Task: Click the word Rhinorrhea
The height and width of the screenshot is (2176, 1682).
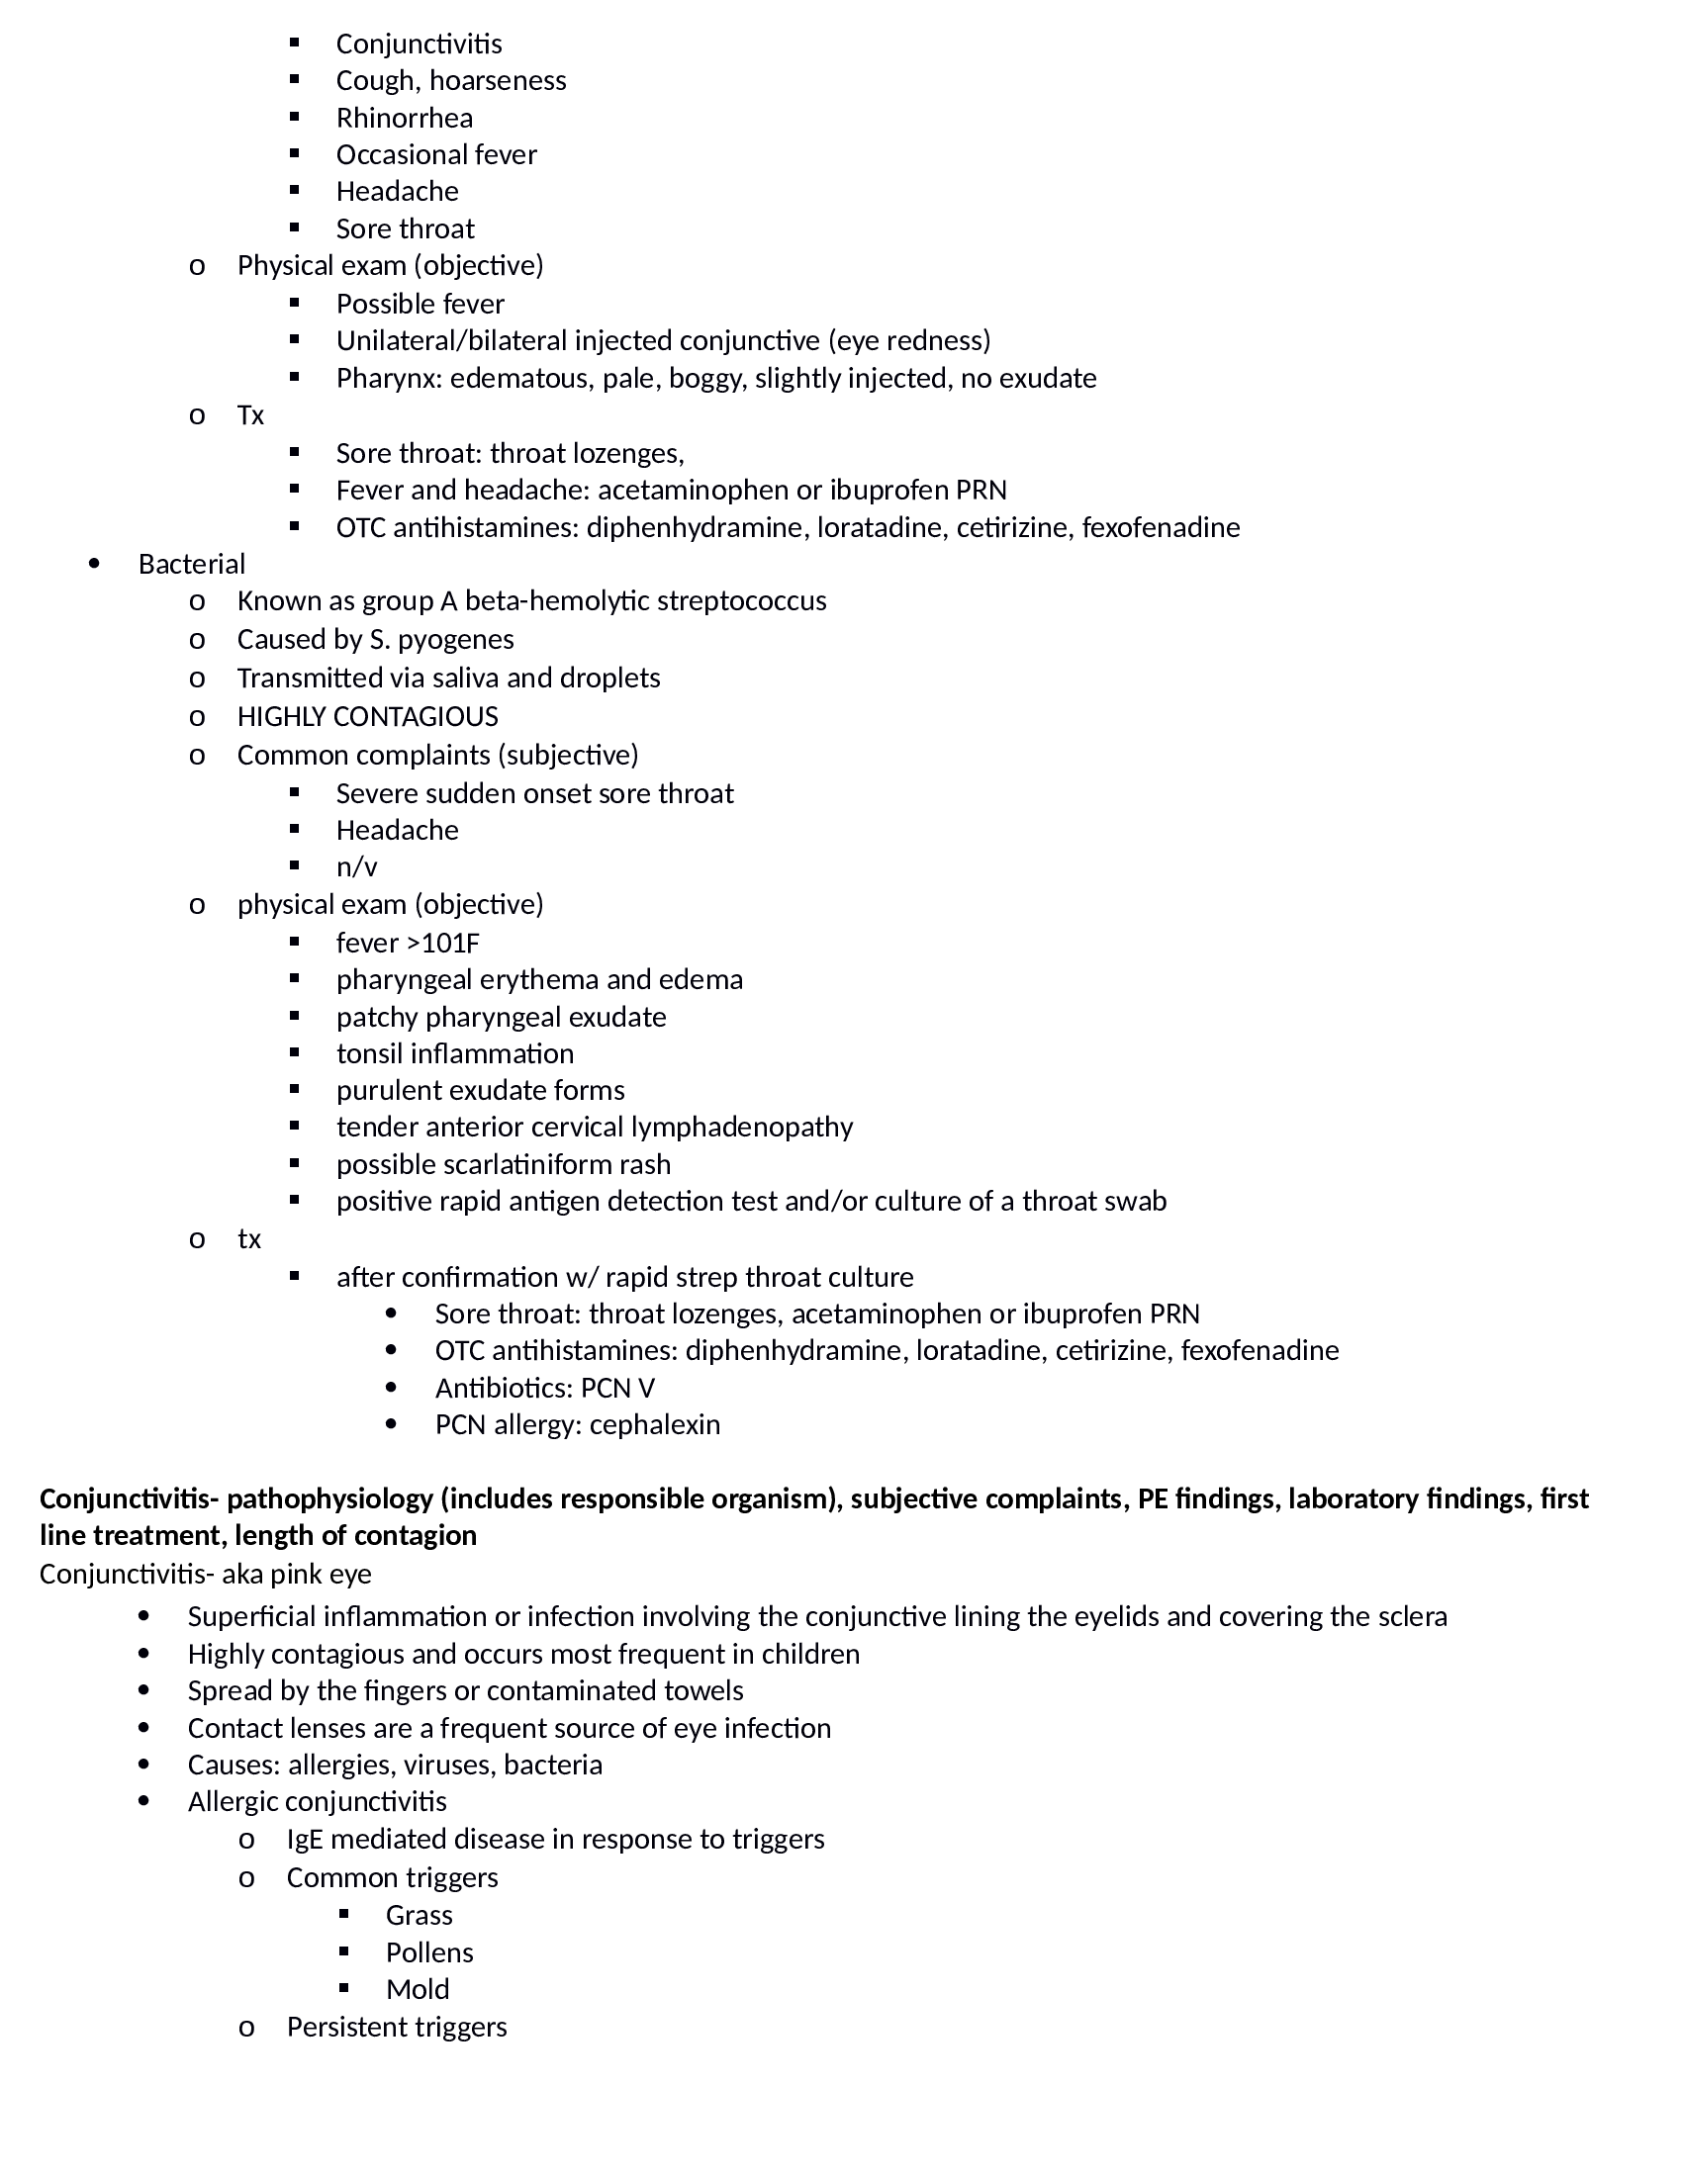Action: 404,118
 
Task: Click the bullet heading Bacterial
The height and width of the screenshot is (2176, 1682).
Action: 191,564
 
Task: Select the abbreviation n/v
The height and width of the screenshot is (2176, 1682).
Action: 357,866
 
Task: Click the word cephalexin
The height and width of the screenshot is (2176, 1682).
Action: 655,1424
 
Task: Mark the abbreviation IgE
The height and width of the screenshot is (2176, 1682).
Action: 305,1839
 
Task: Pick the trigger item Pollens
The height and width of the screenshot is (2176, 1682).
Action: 429,1951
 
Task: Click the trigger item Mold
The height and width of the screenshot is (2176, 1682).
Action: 418,1990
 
